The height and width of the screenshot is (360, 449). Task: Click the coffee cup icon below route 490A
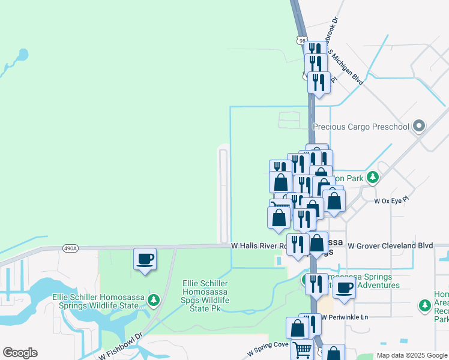pos(145,259)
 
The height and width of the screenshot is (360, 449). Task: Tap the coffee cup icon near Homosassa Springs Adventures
pos(344,287)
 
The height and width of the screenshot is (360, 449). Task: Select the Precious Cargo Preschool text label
pos(361,127)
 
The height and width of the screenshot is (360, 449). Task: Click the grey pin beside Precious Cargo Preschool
pos(419,126)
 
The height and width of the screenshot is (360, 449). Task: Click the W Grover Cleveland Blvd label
pos(390,245)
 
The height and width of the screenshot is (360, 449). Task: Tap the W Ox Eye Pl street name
pos(391,199)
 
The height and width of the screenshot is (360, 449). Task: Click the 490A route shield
pos(70,248)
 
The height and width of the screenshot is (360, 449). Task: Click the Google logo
pos(20,353)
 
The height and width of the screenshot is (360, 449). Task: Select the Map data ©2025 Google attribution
pos(412,355)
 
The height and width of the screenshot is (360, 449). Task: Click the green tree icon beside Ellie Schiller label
pos(154,299)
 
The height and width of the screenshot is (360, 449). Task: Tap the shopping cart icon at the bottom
pos(302,349)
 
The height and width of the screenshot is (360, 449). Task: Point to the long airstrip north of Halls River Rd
pos(224,195)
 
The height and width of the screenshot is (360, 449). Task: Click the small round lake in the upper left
pos(22,55)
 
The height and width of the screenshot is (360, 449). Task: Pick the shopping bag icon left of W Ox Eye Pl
pos(334,200)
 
